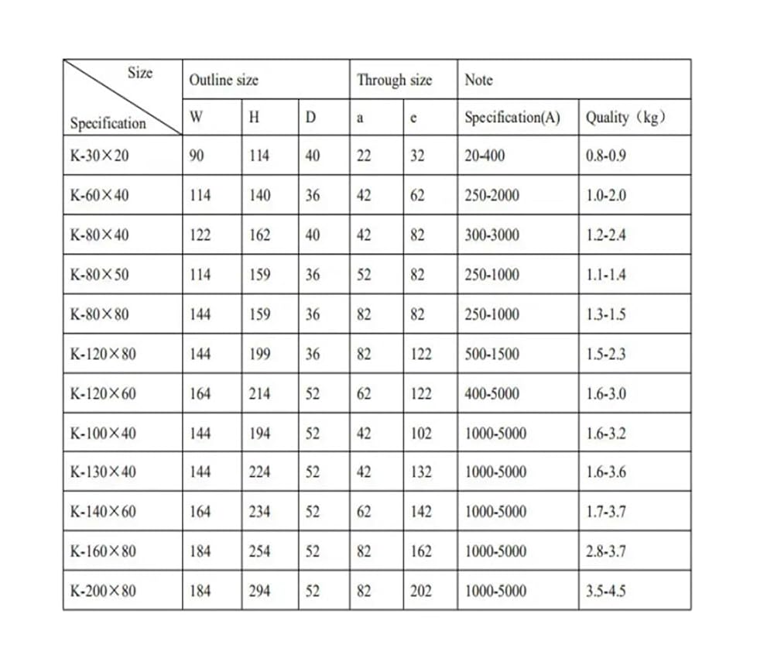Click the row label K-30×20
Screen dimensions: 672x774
100,156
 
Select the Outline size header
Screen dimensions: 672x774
224,80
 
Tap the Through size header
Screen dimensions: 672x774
394,80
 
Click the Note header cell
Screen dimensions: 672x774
478,80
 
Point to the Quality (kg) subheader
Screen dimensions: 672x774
625,118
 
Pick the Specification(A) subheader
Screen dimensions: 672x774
512,118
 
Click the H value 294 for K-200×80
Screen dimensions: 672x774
259,591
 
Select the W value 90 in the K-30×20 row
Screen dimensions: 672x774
197,156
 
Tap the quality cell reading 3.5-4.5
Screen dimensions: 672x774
606,591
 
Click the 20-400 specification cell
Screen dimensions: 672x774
485,156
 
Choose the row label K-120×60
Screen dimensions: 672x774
103,394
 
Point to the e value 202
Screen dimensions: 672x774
421,591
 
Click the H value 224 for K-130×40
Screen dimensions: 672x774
259,472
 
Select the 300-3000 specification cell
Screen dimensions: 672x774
491,235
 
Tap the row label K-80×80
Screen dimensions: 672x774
100,315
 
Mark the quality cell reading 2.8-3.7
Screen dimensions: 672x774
606,552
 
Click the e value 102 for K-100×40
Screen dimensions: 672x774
421,434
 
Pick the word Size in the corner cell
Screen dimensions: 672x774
140,73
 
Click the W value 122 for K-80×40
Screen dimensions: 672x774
200,235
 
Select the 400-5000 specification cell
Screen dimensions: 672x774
491,394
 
